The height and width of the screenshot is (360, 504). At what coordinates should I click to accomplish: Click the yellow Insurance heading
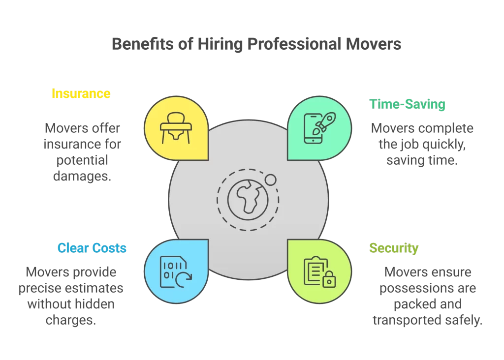[81, 93]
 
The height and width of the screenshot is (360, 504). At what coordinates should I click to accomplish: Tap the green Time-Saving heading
[407, 104]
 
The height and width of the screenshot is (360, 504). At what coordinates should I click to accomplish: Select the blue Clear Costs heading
[92, 248]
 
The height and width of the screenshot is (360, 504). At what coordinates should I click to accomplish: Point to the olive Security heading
[394, 248]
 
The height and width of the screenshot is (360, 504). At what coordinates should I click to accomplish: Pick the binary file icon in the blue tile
[176, 271]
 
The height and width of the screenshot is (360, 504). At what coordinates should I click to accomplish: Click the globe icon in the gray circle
[247, 199]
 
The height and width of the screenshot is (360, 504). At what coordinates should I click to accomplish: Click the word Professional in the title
[294, 44]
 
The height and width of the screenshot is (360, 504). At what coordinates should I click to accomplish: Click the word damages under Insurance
[82, 176]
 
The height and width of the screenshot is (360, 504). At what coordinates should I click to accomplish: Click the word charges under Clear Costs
[70, 320]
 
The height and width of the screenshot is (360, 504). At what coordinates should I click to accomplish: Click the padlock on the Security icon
[328, 281]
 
